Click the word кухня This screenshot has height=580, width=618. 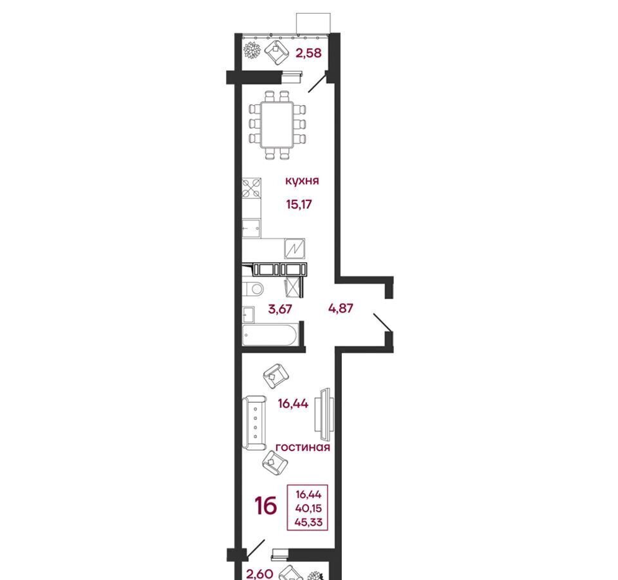pos(302,181)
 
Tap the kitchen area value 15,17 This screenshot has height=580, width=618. pos(299,204)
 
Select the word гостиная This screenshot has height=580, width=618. pos(303,447)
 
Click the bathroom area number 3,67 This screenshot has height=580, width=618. pos(280,309)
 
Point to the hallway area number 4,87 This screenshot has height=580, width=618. pos(341,308)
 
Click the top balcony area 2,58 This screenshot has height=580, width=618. pos(308,53)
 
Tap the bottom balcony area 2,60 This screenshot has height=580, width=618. pos(259,574)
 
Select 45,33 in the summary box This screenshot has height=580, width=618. pos(308,523)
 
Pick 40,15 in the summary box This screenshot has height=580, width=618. pos(308,508)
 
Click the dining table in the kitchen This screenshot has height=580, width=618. pos(278,125)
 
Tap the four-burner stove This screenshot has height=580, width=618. pos(252,188)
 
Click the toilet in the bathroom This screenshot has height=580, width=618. pos(252,289)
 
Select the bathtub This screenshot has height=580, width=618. pos(269,336)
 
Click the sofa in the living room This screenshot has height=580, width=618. pos(254,423)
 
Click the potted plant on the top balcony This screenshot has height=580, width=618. pos(252,51)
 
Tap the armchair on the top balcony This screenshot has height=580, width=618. pos(277,52)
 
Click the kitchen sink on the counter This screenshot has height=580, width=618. pos(251,228)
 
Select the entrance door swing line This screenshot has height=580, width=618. pos(382,322)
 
